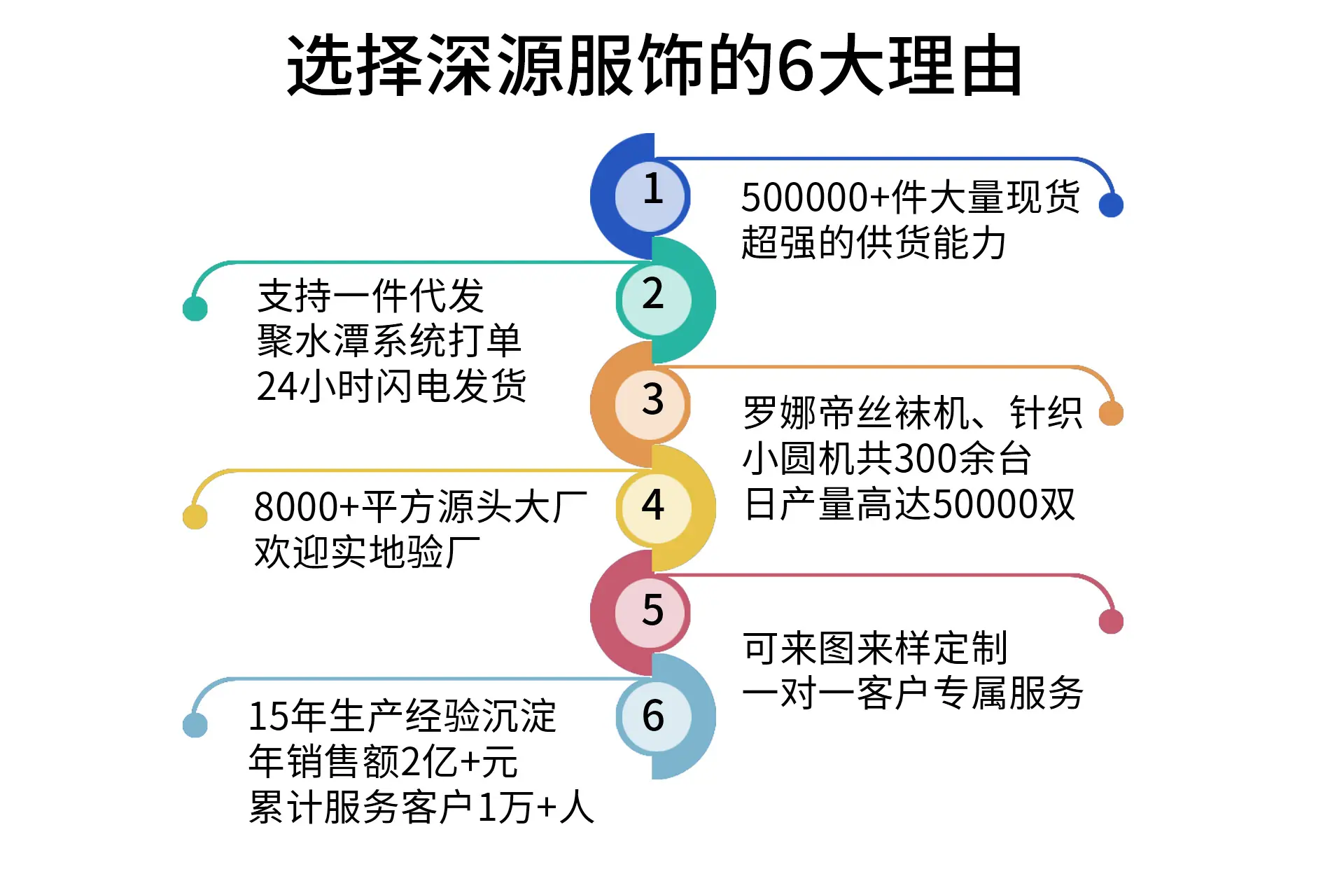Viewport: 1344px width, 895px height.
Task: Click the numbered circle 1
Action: click(x=652, y=196)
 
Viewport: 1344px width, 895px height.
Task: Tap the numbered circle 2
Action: click(x=653, y=300)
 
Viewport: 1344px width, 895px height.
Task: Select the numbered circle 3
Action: click(x=652, y=404)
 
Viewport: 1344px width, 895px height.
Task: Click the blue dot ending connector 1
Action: click(x=1111, y=204)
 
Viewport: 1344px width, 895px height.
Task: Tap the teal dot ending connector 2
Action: click(x=195, y=308)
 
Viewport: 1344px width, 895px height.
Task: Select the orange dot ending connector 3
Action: click(x=1111, y=413)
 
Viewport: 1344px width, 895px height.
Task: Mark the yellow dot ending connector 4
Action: click(x=195, y=517)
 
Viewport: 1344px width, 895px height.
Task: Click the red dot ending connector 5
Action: click(x=1111, y=621)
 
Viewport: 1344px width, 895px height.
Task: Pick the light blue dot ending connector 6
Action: click(x=195, y=725)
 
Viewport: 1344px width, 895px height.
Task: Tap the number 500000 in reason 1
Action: click(x=805, y=197)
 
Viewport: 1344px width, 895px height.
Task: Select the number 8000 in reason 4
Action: click(x=296, y=508)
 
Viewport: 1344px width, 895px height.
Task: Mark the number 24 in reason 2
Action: click(x=277, y=387)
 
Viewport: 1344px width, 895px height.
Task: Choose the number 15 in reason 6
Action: click(x=269, y=716)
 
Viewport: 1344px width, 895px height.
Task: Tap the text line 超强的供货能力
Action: click(x=874, y=243)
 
